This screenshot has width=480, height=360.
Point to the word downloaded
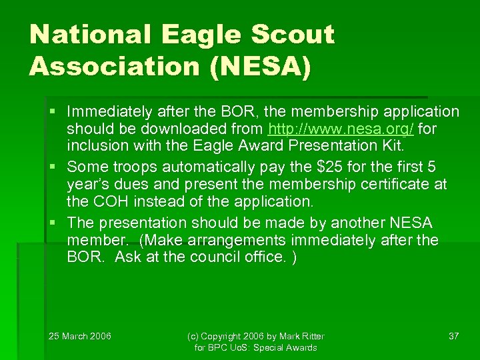coord(175,129)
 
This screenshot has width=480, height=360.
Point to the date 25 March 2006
coord(80,335)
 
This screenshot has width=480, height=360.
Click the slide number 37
coord(453,335)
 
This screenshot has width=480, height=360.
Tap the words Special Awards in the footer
coord(288,347)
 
